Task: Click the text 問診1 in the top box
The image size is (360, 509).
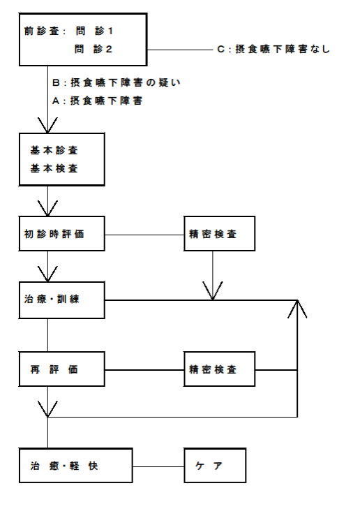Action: tap(94, 31)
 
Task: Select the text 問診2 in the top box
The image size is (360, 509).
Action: tap(93, 49)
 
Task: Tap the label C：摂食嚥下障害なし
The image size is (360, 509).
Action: tap(273, 49)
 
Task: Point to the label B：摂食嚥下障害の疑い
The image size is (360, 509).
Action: tap(116, 82)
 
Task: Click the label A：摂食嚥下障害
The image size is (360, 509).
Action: tap(97, 101)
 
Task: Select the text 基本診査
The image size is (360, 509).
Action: tap(54, 150)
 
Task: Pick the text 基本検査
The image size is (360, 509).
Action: tap(54, 168)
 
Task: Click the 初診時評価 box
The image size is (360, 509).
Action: tap(61, 234)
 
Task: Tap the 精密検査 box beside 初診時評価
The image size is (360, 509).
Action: tap(220, 234)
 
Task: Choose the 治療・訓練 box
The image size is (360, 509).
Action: tap(61, 300)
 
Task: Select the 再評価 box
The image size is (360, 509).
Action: tap(61, 369)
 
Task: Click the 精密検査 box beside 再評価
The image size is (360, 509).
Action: tap(220, 369)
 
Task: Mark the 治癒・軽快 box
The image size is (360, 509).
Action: tap(75, 466)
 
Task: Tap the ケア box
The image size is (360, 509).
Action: tap(215, 466)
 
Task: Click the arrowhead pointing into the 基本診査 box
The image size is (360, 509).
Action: tap(47, 125)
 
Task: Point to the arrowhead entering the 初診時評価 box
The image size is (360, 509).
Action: tap(47, 208)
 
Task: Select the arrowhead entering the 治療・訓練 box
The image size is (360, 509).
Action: tap(47, 274)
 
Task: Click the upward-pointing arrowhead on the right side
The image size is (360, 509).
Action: tap(297, 309)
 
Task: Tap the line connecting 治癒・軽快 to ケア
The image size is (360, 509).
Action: tap(158, 467)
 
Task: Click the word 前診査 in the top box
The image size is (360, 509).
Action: tap(42, 31)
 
